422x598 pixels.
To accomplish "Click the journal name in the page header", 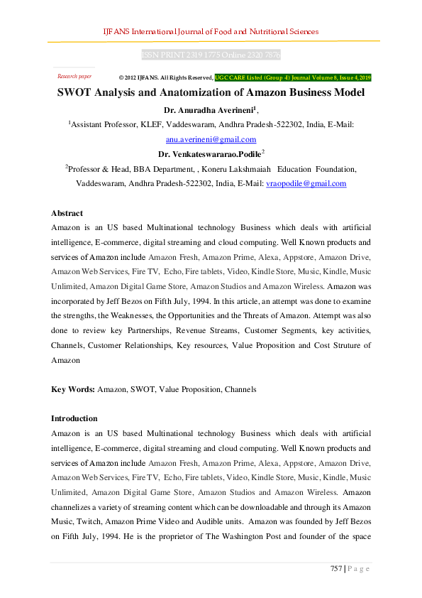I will point(211,31).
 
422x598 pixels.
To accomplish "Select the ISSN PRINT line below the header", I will point(211,55).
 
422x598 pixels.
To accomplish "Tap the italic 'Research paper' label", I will point(74,76).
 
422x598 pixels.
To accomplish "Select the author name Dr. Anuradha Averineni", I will point(209,110).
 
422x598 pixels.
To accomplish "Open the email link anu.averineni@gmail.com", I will point(211,139).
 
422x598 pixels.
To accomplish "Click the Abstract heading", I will point(67,213).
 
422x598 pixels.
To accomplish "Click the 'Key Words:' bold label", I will point(73,390).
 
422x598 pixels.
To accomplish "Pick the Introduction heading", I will point(74,418).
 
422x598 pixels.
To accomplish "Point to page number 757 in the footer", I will point(335,569).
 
